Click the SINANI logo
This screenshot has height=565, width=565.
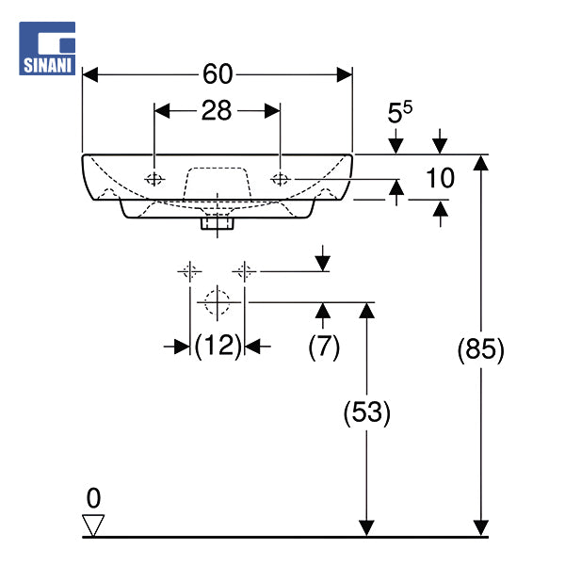coord(47,48)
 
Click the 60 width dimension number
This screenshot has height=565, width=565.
coord(218,74)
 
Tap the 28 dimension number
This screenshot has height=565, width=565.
coord(217,110)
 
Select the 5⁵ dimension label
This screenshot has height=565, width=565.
coord(399,112)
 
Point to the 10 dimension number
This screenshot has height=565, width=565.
coord(440,178)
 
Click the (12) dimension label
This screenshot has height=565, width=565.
coord(218,347)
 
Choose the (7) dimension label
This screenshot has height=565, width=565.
coord(324,347)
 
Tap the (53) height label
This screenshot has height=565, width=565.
coord(366,412)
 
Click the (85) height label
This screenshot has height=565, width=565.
coord(480,349)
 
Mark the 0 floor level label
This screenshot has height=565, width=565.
coord(93,498)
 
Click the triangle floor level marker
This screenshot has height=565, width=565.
coord(93,525)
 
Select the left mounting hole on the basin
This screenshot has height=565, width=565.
coord(154,179)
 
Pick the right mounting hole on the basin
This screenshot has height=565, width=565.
coord(281,179)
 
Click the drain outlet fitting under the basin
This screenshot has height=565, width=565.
coord(218,223)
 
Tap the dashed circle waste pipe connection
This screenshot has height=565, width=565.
coord(218,302)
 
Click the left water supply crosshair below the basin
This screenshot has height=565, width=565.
coord(189,271)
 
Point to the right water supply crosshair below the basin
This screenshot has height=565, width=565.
coord(244,271)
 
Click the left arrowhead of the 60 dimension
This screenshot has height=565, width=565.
coord(90,74)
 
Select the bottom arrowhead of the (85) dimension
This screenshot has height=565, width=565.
coord(480,528)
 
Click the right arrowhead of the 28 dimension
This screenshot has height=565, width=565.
coord(272,110)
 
